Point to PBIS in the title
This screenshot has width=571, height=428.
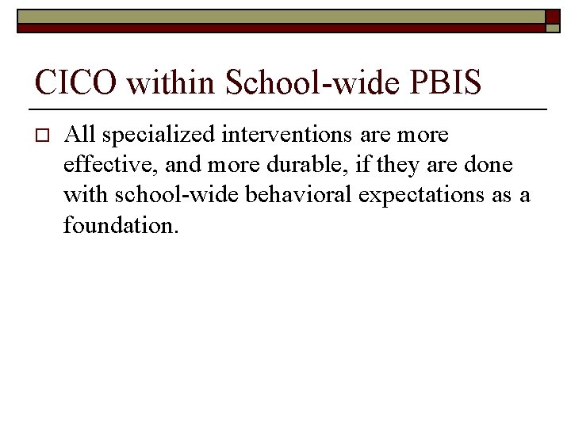coord(446,82)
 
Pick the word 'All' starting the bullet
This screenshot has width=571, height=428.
coord(79,136)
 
